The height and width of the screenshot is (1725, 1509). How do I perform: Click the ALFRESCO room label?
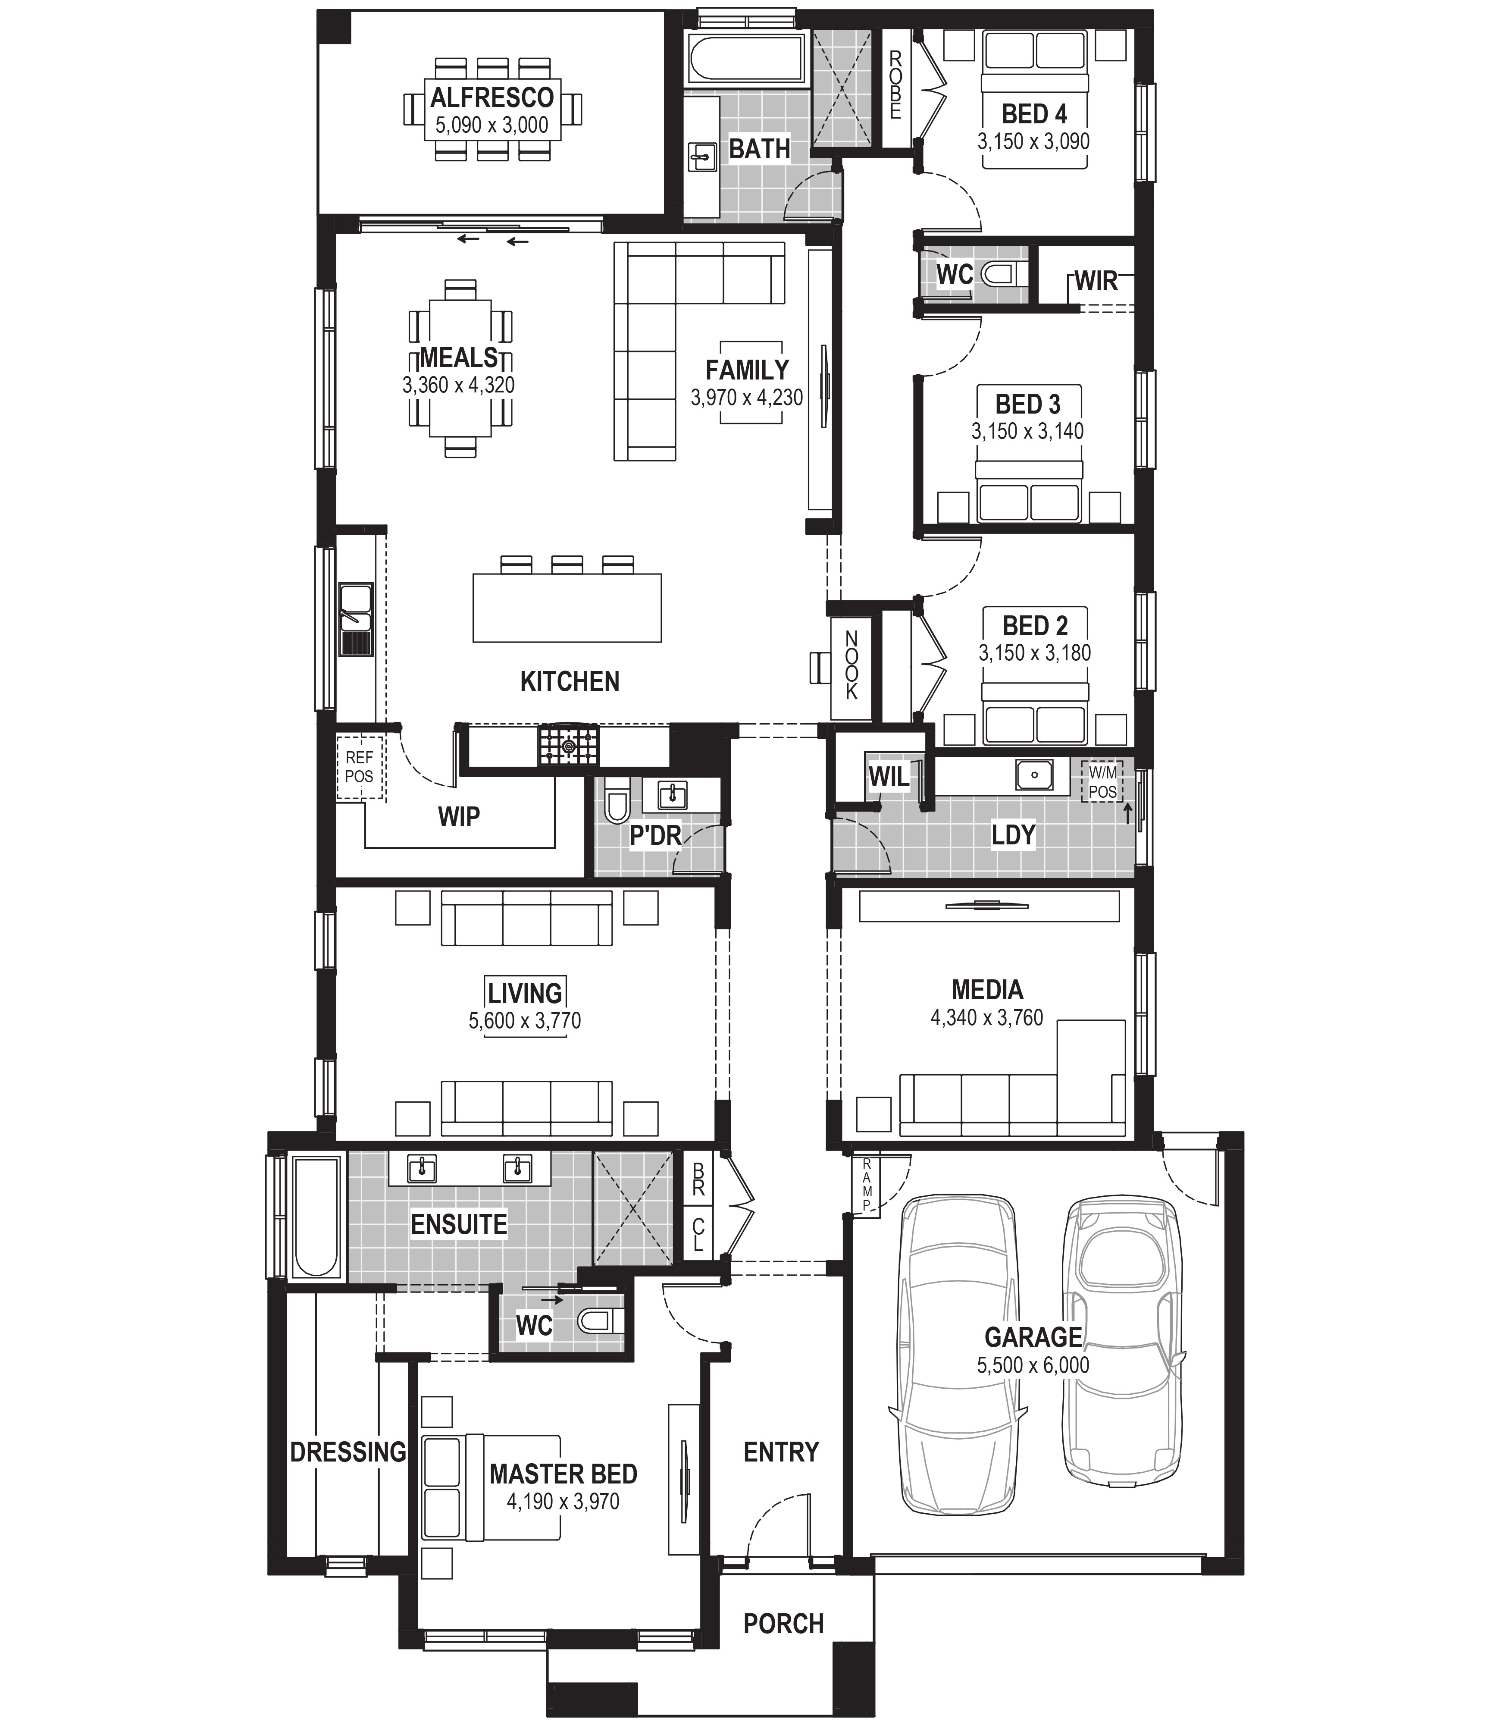493,98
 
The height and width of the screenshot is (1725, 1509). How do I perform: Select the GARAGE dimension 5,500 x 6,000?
1033,1365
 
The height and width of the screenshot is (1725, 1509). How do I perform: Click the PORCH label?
783,1623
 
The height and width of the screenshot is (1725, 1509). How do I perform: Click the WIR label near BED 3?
1096,281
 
